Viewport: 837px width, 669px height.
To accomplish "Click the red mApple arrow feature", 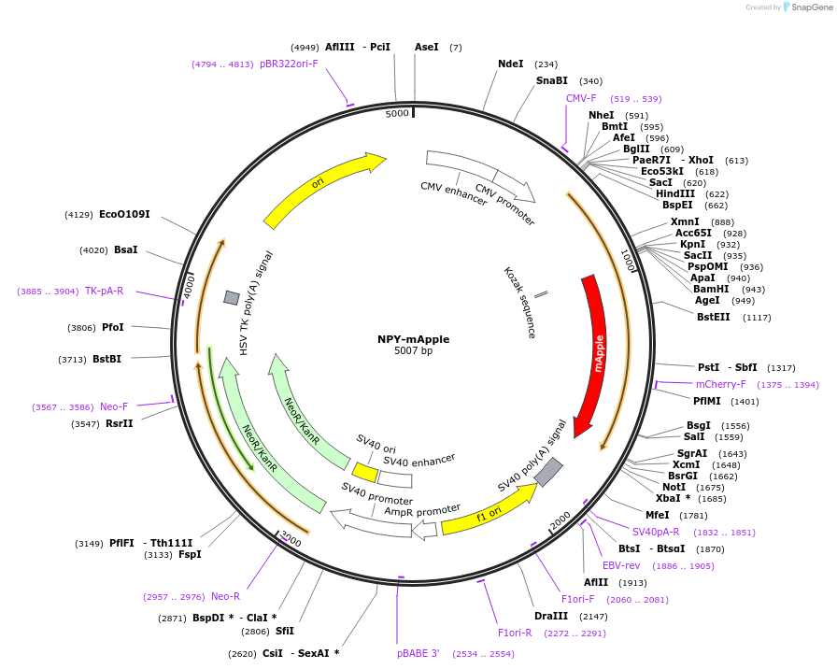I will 595,355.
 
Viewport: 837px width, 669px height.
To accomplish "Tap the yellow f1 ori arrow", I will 489,511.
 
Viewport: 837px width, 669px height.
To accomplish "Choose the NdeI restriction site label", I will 511,64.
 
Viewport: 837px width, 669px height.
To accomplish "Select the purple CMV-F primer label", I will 581,98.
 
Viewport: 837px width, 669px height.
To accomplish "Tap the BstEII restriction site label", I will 714,318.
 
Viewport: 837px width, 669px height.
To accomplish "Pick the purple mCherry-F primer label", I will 721,384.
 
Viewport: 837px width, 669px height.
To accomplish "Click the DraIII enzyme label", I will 551,616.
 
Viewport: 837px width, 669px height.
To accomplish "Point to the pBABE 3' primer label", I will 418,654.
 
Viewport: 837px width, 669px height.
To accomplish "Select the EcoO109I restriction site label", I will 124,215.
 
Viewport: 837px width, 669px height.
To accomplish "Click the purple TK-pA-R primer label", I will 105,292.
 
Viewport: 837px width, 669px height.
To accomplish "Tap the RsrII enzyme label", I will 120,424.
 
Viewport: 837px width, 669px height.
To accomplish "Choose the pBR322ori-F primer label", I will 289,64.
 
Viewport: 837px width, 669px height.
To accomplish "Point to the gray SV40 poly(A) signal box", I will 548,472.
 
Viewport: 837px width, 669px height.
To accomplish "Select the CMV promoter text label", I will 505,205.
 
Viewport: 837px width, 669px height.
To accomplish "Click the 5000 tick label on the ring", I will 397,113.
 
